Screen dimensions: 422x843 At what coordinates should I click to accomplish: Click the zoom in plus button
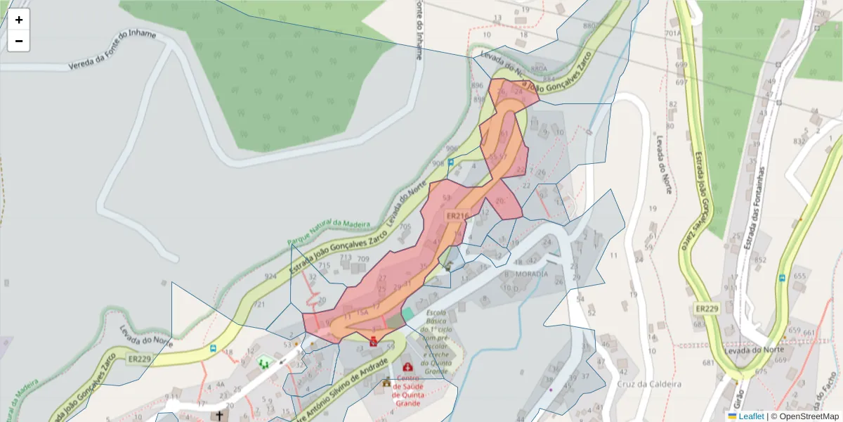click(19, 20)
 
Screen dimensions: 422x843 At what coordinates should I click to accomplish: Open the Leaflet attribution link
click(751, 416)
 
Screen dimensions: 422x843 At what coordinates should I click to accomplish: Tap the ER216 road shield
click(457, 216)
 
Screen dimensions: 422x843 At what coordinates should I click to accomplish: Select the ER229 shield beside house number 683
click(707, 309)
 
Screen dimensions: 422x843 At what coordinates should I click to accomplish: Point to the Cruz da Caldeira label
click(649, 384)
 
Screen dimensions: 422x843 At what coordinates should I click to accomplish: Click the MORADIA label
click(531, 273)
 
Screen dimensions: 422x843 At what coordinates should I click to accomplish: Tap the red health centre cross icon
click(407, 366)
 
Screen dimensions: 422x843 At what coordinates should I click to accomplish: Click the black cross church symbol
click(220, 416)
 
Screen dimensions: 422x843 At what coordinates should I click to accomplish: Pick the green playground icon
click(264, 363)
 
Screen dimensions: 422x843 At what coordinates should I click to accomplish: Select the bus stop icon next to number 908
click(451, 162)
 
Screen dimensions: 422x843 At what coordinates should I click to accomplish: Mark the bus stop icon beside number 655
click(782, 278)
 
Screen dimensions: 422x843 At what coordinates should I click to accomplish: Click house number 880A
click(539, 69)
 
